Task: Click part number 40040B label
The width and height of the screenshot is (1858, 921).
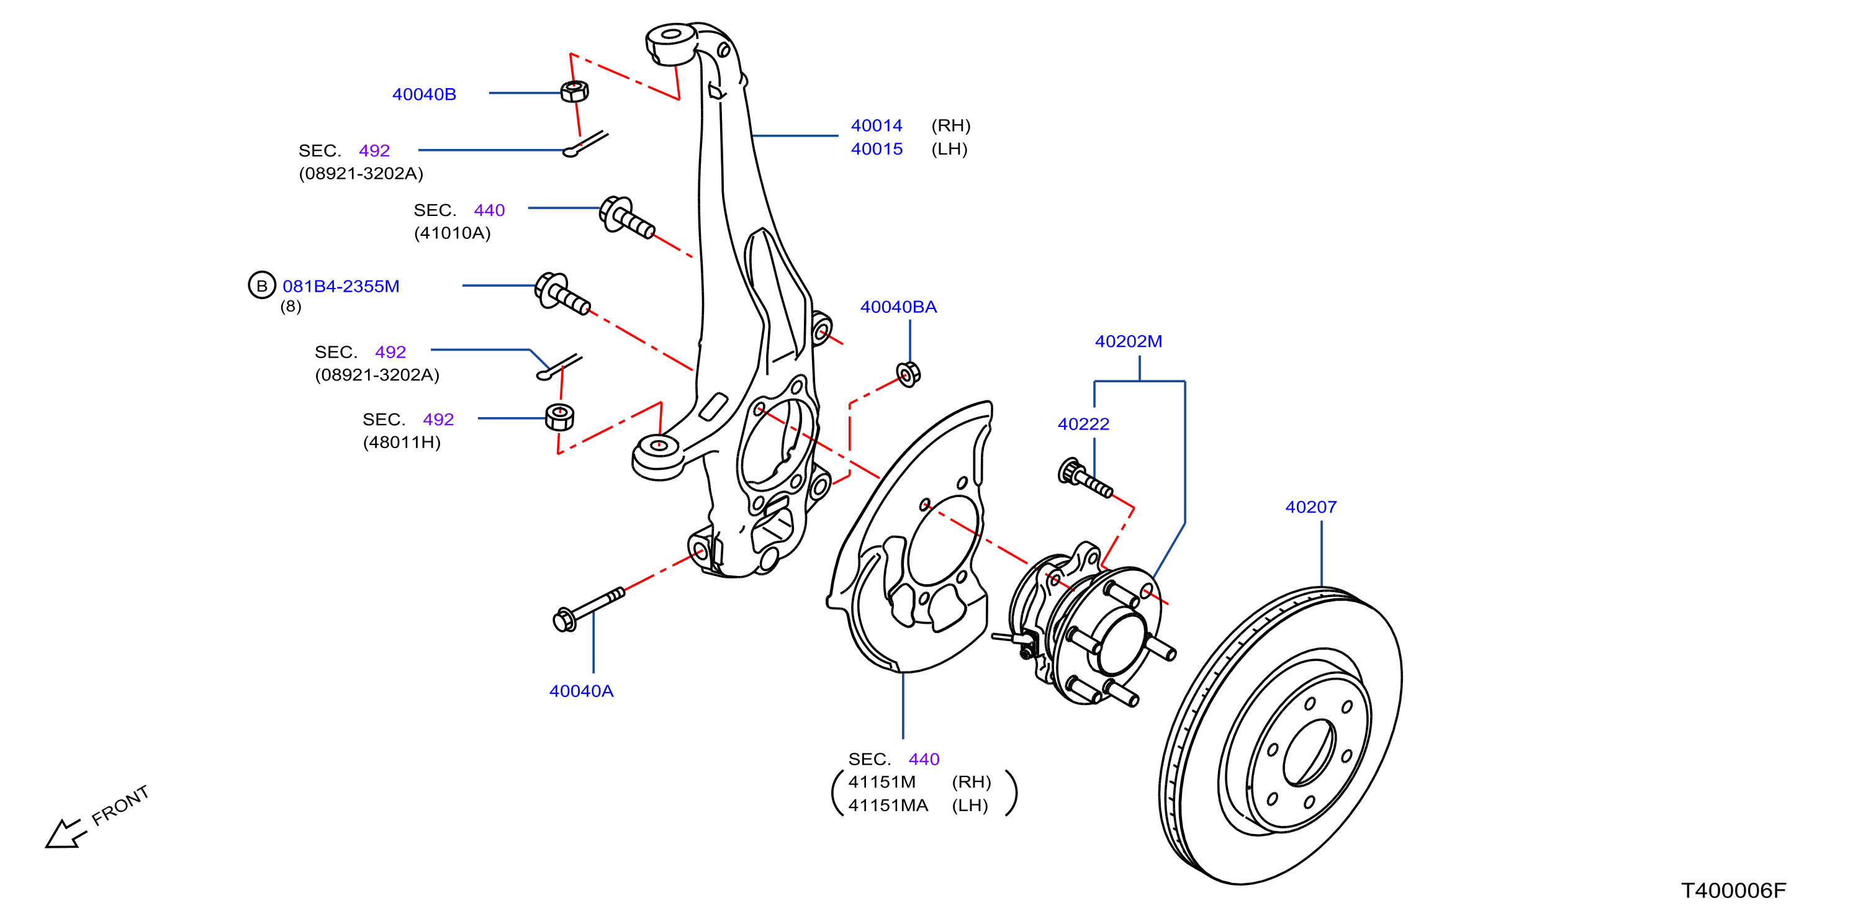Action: click(x=424, y=94)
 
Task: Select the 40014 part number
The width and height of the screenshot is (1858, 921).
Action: click(x=877, y=125)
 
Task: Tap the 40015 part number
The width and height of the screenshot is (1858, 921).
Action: click(x=877, y=150)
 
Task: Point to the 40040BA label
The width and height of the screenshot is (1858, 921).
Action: click(x=898, y=307)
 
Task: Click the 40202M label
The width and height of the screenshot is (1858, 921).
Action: click(x=1128, y=342)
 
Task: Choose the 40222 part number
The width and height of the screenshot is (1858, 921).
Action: click(x=1083, y=425)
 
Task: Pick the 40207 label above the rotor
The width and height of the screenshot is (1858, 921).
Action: click(x=1310, y=508)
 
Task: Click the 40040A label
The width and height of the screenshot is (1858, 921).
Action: click(x=581, y=691)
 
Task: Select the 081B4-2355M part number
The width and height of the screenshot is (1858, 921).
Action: click(x=340, y=286)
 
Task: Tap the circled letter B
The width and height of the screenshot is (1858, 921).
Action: click(x=262, y=285)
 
